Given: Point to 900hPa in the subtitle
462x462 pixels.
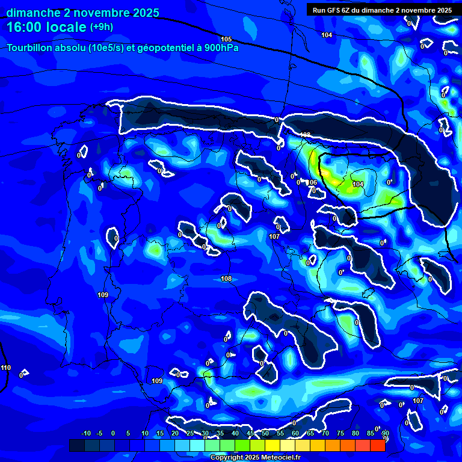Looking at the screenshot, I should [220, 48].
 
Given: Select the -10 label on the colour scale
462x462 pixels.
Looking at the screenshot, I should [85, 433].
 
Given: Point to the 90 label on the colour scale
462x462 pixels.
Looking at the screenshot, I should [385, 433].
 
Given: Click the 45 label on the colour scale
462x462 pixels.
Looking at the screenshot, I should [250, 433].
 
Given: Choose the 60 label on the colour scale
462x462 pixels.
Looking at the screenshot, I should [295, 433].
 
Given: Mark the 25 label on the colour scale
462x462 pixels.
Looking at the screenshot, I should [189, 433].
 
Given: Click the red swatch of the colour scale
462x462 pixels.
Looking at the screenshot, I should [377, 445].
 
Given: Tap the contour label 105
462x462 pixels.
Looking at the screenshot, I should [226, 39].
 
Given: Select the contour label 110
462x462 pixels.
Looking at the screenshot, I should [5, 368].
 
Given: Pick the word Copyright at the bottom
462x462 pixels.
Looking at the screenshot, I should [228, 458].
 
